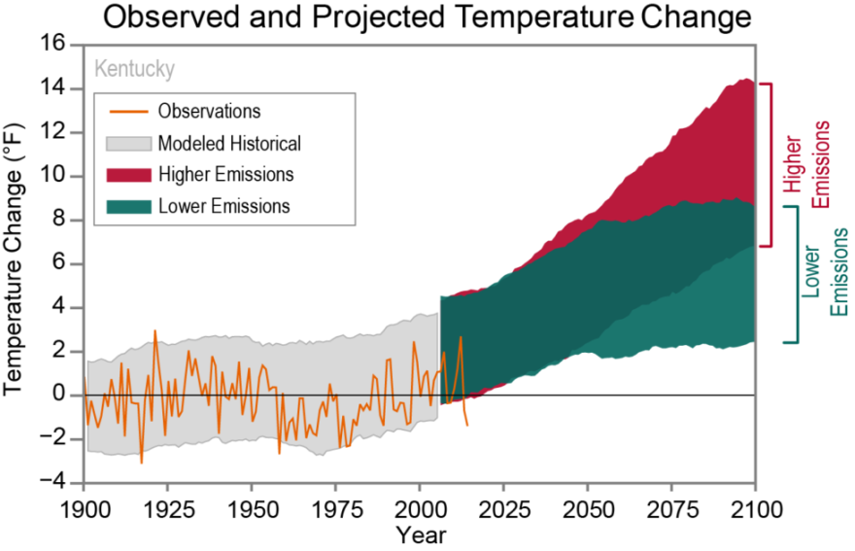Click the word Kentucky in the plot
134,70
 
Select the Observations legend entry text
209,111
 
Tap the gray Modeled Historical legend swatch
125,143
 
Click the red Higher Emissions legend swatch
125,174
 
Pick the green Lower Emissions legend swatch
125,206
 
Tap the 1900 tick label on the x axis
85,510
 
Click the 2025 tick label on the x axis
503,510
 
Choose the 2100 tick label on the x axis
755,510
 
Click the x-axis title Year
421,534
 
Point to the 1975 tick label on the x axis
336,510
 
